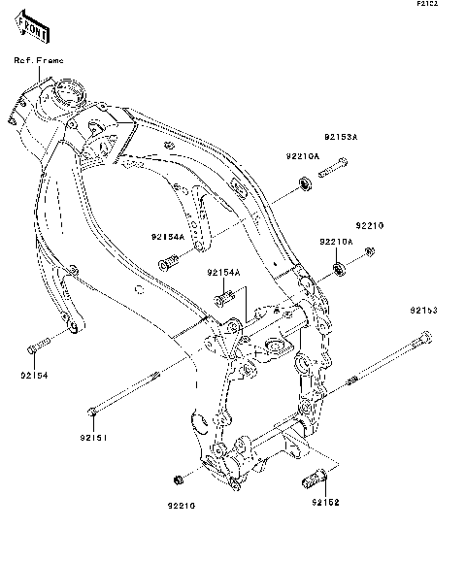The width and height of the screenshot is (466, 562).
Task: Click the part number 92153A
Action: [x=342, y=139]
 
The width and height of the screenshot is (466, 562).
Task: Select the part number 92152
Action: [x=325, y=502]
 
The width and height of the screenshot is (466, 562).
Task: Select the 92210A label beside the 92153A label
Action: [x=303, y=156]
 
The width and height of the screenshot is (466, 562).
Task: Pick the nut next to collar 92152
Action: [x=178, y=480]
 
